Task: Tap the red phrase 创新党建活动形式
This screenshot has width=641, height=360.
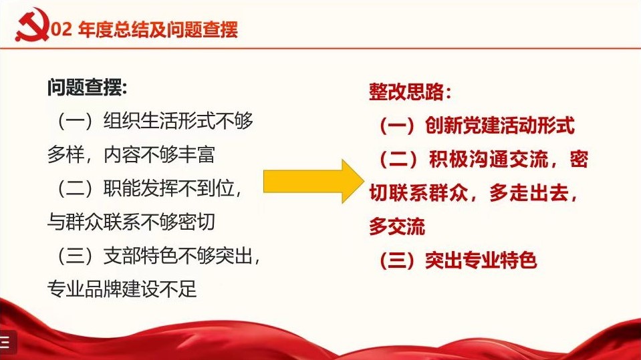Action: click(499, 125)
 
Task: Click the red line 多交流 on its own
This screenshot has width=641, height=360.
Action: click(397, 227)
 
